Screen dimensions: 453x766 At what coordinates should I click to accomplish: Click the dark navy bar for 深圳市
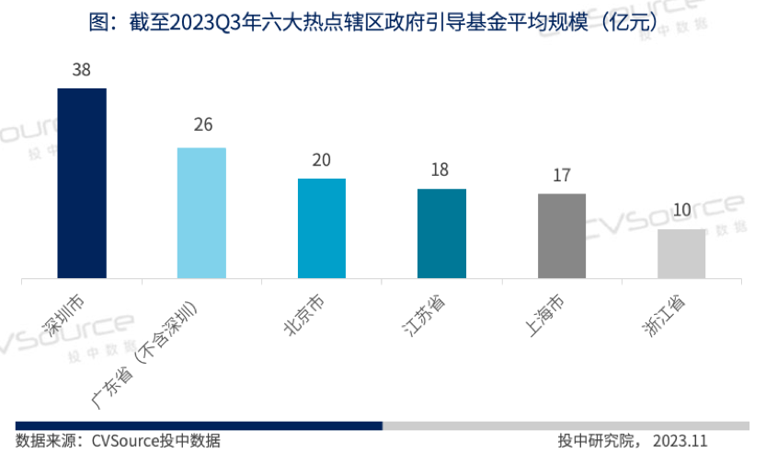(x=82, y=183)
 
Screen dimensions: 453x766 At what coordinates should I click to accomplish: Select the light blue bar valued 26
(x=201, y=213)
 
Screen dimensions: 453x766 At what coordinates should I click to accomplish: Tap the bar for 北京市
(x=322, y=228)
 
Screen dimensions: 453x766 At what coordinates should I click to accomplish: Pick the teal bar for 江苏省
(x=441, y=233)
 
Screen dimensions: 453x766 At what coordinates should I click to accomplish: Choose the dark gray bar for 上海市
(x=561, y=236)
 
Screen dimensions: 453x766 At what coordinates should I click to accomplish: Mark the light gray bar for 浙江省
(x=681, y=253)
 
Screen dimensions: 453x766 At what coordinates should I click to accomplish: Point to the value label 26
(x=202, y=125)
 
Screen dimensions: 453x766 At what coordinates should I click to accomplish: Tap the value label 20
(x=322, y=159)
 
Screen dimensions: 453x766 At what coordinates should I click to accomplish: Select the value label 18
(x=441, y=170)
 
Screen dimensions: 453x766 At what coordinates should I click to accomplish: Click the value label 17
(x=562, y=175)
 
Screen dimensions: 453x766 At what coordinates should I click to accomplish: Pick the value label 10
(x=681, y=210)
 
